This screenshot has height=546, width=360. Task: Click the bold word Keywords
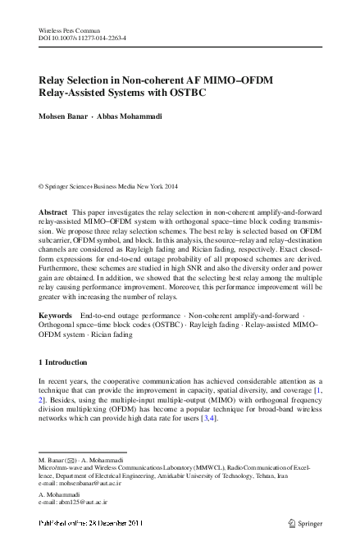[56, 315]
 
